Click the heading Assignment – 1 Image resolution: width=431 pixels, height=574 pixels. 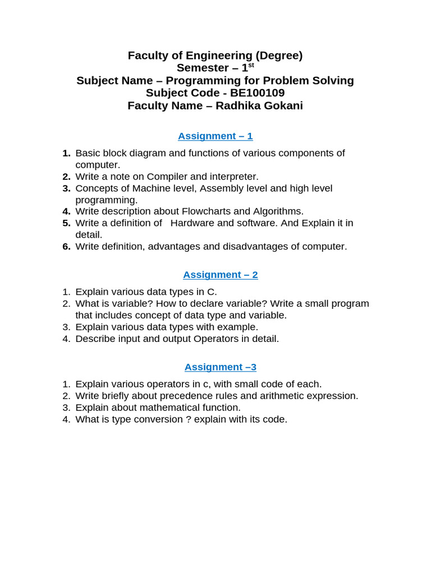[x=215, y=136]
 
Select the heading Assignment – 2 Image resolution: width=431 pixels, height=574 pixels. [x=221, y=275]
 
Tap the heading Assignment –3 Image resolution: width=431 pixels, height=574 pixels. [x=221, y=367]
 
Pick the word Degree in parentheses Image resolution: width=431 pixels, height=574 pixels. [x=278, y=55]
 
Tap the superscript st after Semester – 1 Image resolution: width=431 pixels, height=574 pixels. [x=251, y=65]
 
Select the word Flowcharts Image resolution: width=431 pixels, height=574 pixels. [x=207, y=211]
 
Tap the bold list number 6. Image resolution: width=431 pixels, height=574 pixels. [x=66, y=247]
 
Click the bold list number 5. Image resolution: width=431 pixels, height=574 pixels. [x=66, y=223]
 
